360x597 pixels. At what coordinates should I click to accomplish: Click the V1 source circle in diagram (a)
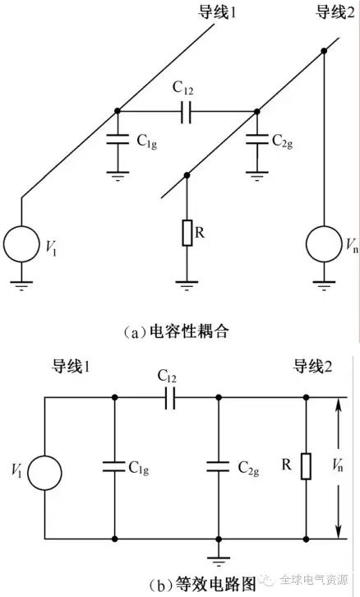pyautogui.click(x=21, y=244)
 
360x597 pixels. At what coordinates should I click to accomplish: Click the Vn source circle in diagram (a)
pyautogui.click(x=324, y=244)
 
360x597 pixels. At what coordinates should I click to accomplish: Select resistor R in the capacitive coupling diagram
pyautogui.click(x=187, y=233)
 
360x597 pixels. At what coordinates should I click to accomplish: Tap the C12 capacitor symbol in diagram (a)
pyautogui.click(x=186, y=112)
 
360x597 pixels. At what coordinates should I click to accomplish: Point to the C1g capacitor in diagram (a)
pyautogui.click(x=118, y=139)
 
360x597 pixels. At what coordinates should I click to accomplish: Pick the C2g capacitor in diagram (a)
pyautogui.click(x=257, y=139)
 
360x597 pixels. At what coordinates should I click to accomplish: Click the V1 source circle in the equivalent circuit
pyautogui.click(x=45, y=473)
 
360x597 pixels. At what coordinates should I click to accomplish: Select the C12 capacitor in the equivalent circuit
pyautogui.click(x=170, y=398)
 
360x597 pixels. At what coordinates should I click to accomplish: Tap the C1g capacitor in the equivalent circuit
pyautogui.click(x=114, y=467)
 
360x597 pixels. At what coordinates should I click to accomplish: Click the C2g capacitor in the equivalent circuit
pyautogui.click(x=219, y=467)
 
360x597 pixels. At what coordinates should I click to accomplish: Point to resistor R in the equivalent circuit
pyautogui.click(x=306, y=466)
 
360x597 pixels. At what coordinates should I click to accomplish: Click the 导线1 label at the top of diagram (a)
pyautogui.click(x=217, y=12)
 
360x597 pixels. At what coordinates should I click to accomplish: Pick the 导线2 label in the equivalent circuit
pyautogui.click(x=312, y=367)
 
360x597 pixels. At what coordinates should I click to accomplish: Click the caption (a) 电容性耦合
pyautogui.click(x=176, y=331)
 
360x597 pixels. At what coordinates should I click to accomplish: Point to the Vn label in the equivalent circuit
pyautogui.click(x=338, y=465)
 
